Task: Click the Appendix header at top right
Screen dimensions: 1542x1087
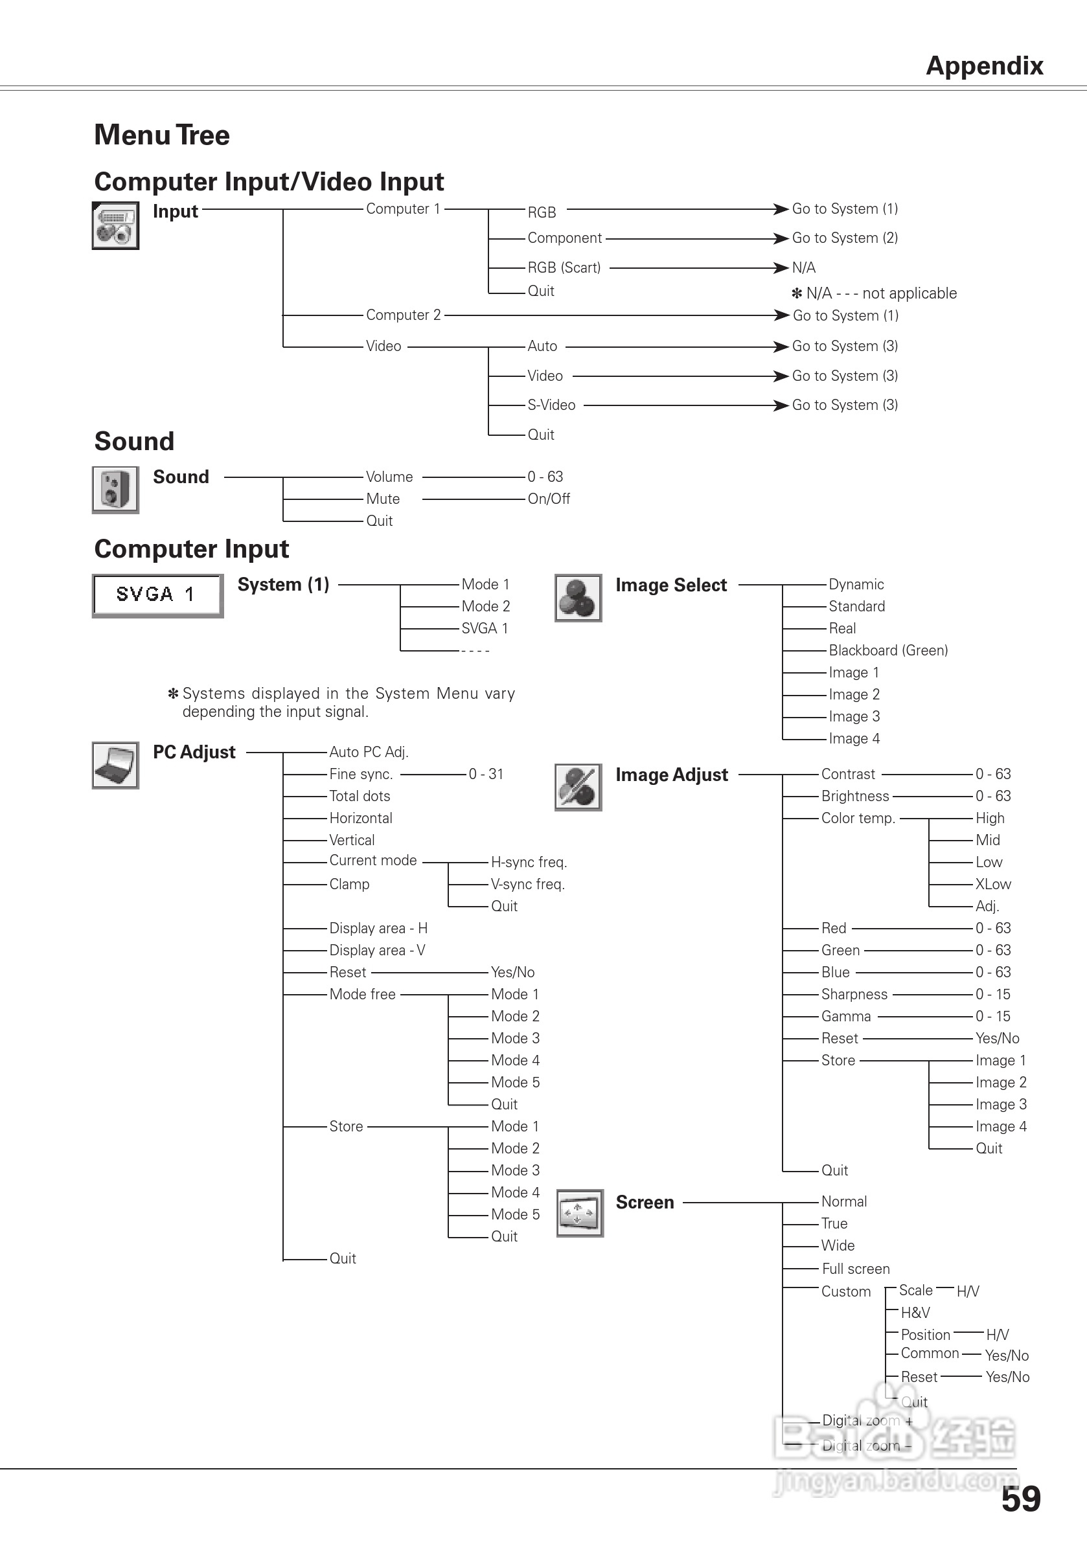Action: click(x=983, y=66)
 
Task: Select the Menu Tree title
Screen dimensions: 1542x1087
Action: click(x=162, y=135)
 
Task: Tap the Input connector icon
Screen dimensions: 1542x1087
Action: click(x=115, y=225)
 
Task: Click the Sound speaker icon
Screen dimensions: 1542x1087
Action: click(x=115, y=490)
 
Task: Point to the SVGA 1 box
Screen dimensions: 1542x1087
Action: click(x=158, y=595)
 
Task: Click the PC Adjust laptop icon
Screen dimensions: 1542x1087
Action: click(x=115, y=765)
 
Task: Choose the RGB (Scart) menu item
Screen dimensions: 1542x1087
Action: click(x=564, y=267)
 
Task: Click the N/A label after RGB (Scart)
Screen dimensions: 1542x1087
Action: click(x=803, y=267)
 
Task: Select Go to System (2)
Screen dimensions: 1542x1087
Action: click(x=845, y=238)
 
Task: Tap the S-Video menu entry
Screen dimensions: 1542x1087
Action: click(x=551, y=405)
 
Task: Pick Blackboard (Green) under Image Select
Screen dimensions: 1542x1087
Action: click(x=887, y=650)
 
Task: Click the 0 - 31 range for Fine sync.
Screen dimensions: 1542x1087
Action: click(x=486, y=774)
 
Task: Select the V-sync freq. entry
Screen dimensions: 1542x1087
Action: click(x=527, y=884)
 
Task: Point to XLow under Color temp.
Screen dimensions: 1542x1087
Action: click(x=993, y=884)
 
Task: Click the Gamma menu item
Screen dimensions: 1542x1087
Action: click(x=845, y=1016)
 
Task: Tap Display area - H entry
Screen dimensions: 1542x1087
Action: click(x=378, y=928)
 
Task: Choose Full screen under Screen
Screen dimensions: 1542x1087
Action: click(x=855, y=1269)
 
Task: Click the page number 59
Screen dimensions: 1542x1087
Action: click(x=1020, y=1499)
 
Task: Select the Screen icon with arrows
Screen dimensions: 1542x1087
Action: click(x=580, y=1213)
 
